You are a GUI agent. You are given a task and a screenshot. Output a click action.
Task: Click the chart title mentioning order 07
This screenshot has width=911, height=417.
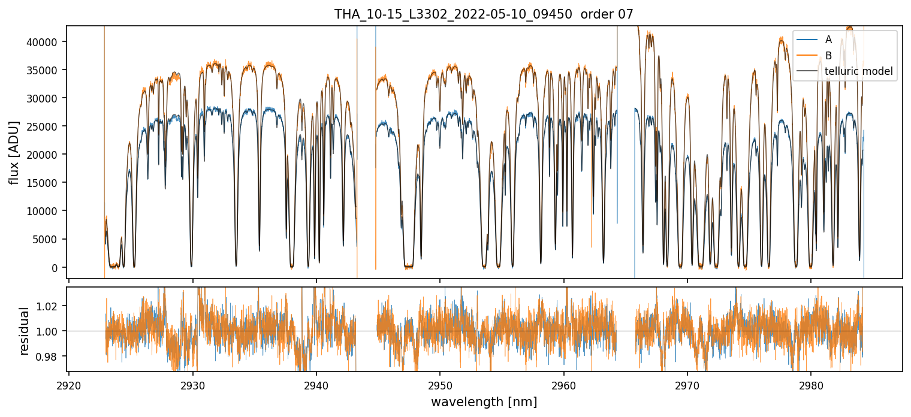pyautogui.click(x=484, y=14)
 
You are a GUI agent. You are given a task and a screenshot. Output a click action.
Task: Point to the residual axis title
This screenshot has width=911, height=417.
pyautogui.click(x=25, y=331)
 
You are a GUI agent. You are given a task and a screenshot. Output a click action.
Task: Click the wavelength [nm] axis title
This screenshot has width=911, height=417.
pyautogui.click(x=484, y=402)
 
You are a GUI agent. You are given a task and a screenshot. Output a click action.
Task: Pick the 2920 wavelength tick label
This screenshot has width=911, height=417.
pyautogui.click(x=69, y=384)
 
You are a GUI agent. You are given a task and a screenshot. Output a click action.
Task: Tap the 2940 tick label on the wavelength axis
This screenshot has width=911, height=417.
pyautogui.click(x=316, y=384)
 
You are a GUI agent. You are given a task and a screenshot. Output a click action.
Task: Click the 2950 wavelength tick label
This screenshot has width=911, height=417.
pyautogui.click(x=440, y=384)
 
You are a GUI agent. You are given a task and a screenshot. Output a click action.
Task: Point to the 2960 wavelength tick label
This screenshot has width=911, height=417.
pyautogui.click(x=564, y=384)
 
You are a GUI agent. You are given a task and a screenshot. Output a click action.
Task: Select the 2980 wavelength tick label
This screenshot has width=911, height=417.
pyautogui.click(x=811, y=384)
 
